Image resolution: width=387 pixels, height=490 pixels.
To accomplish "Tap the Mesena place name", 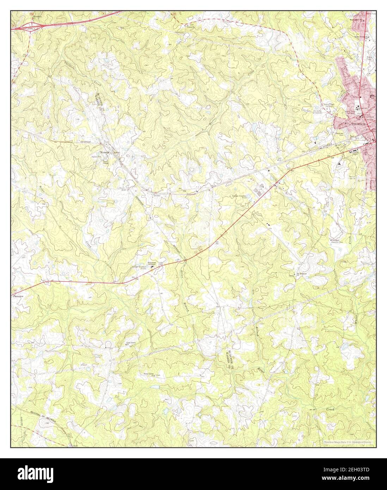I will pos(105,152).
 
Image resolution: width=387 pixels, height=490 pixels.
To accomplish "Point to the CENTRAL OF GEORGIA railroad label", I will pos(42,415).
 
